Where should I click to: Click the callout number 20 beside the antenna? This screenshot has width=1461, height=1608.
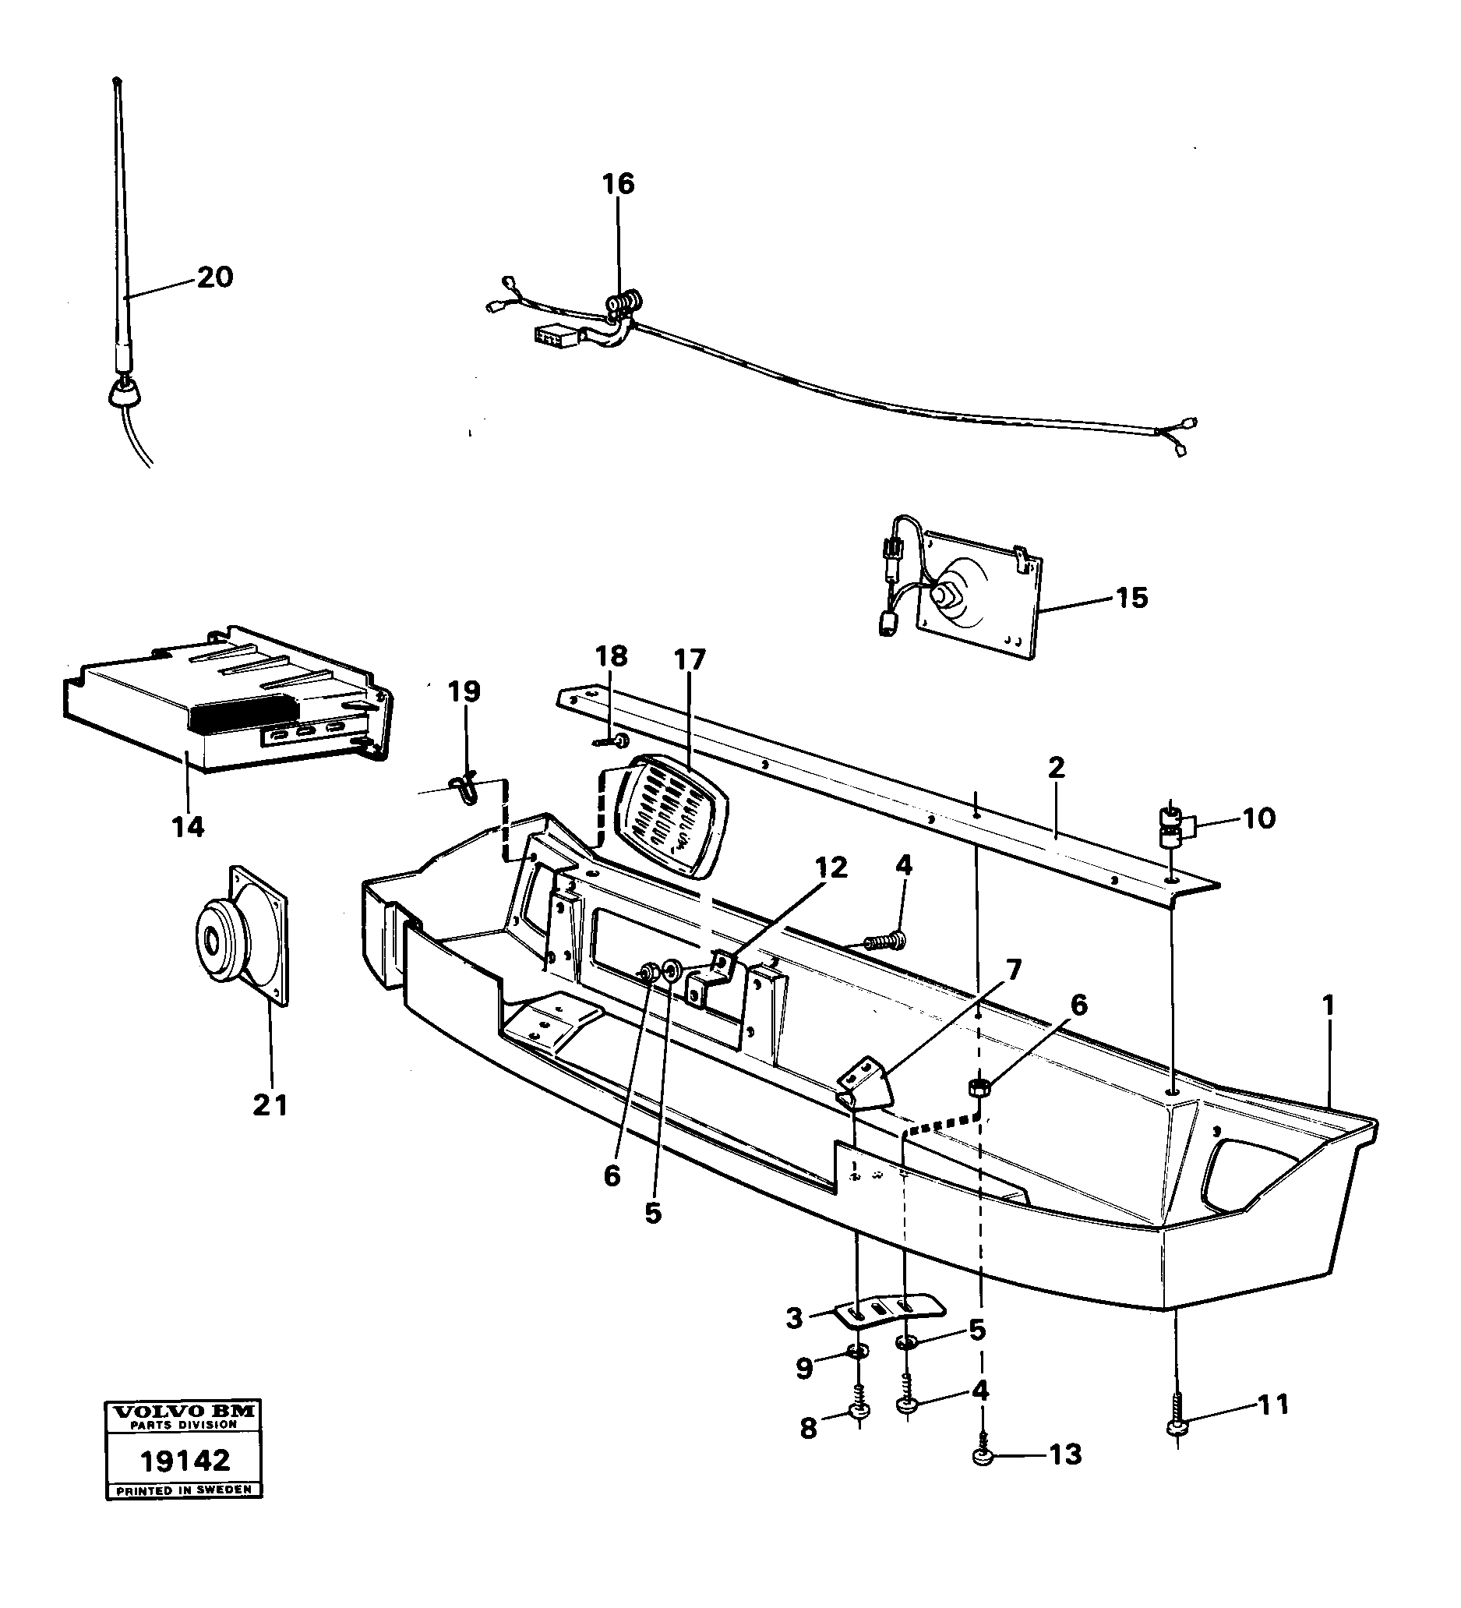tap(214, 278)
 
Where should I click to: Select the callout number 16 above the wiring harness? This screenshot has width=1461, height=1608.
tap(618, 184)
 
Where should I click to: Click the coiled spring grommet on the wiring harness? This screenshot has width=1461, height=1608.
tap(625, 305)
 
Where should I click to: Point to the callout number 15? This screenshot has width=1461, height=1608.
tap(1131, 597)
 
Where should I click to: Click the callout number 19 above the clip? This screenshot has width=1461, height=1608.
tap(464, 691)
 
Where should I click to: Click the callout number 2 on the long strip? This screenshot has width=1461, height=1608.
tap(1057, 768)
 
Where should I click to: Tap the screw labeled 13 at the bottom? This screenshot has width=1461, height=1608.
tap(983, 1458)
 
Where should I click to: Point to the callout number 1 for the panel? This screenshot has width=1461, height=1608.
tap(1328, 1005)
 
